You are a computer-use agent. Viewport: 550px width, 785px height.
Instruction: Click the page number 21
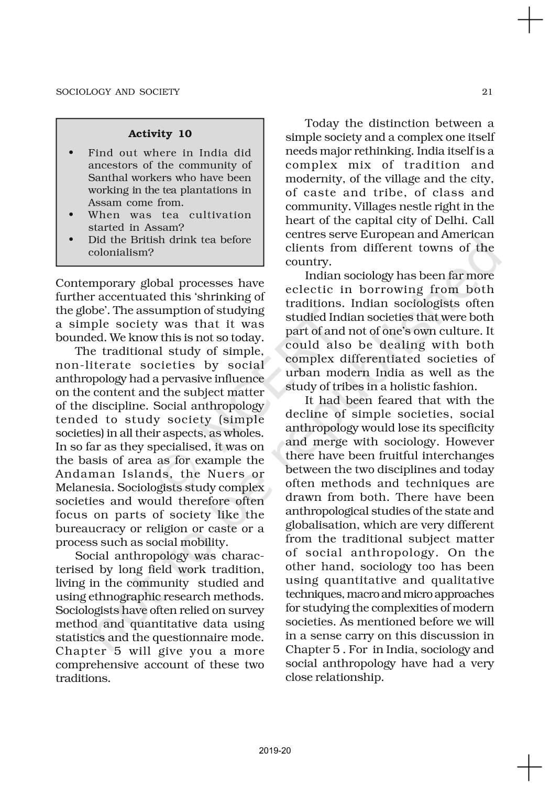click(x=487, y=92)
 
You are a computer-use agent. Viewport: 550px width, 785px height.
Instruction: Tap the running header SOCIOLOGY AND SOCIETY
click(x=117, y=92)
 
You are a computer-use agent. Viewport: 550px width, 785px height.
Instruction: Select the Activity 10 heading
click(x=160, y=134)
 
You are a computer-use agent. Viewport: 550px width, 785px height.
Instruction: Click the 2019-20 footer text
click(x=274, y=750)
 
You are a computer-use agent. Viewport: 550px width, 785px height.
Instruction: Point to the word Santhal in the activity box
click(x=105, y=177)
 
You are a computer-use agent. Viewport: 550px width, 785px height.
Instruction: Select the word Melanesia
click(x=84, y=488)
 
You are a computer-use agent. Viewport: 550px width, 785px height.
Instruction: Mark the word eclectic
click(x=309, y=289)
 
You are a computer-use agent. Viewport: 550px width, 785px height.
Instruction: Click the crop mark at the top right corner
click(x=530, y=21)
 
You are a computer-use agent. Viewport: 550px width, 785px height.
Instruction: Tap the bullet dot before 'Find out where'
click(x=71, y=153)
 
